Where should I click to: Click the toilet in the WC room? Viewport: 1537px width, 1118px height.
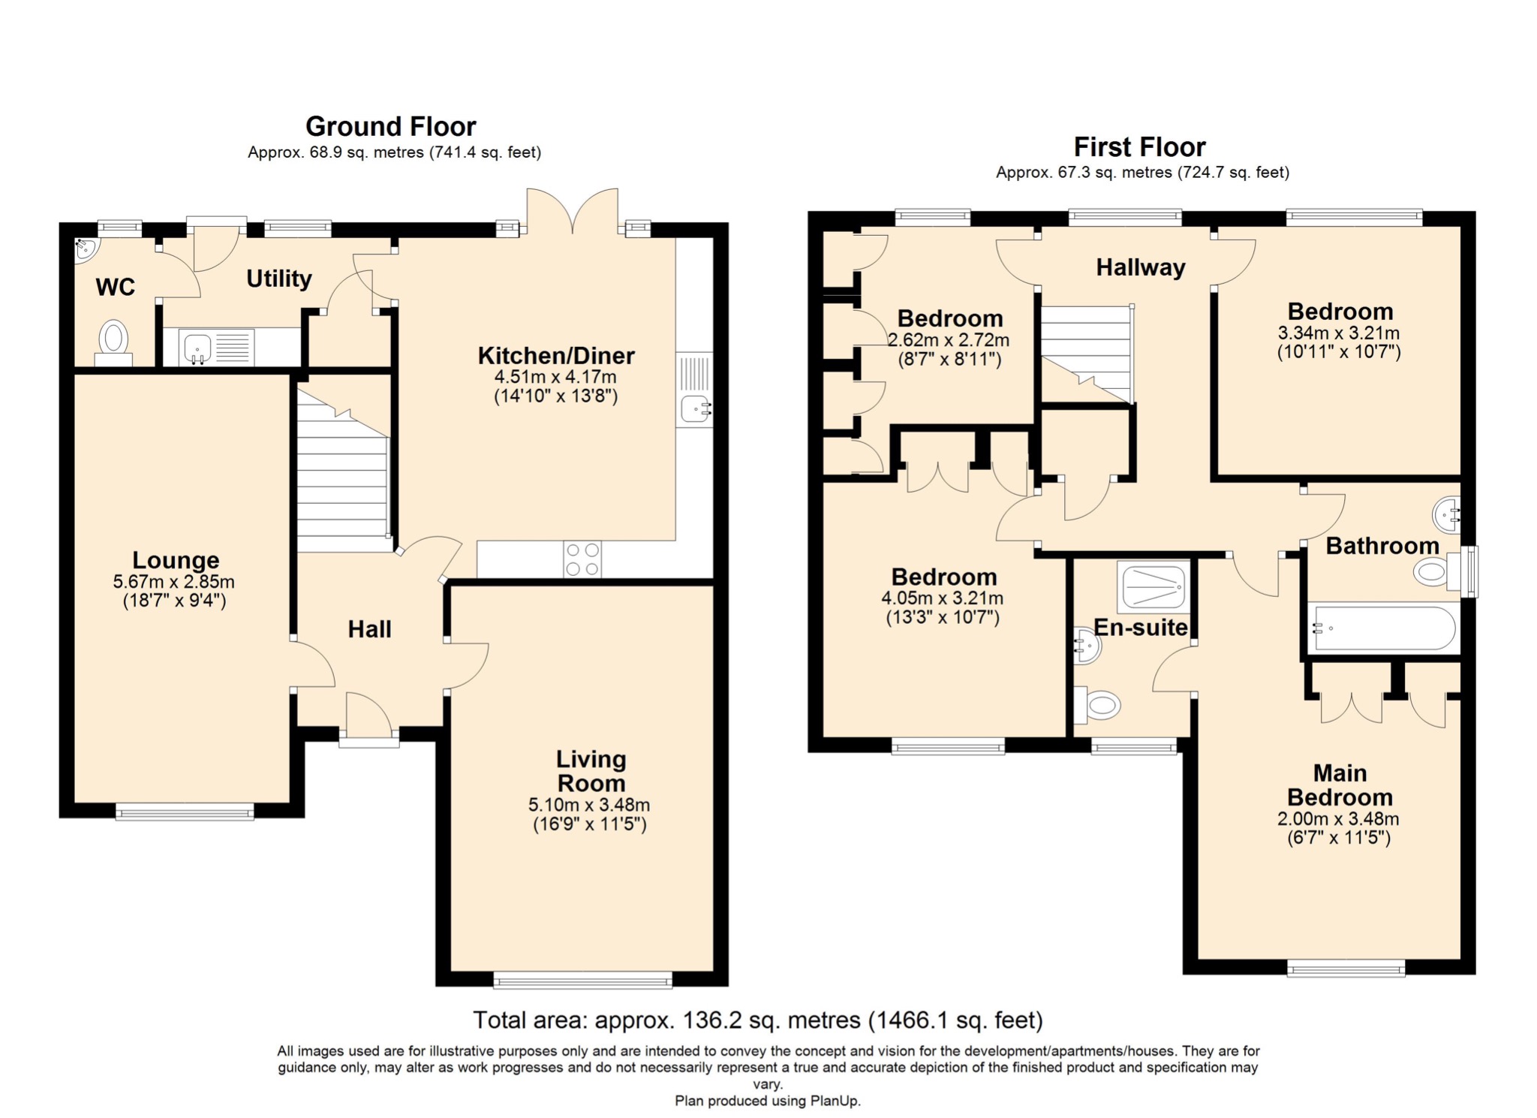click(113, 343)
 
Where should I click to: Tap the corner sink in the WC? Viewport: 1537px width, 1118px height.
click(85, 249)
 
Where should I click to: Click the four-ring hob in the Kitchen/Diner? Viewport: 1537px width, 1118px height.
click(582, 559)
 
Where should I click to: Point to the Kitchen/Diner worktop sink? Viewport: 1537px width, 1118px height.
click(694, 391)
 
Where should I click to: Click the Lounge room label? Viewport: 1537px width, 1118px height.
click(176, 560)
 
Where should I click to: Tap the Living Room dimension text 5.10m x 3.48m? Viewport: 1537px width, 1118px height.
click(589, 805)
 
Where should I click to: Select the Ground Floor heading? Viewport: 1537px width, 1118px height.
click(391, 126)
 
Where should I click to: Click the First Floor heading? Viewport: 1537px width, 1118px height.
click(1140, 146)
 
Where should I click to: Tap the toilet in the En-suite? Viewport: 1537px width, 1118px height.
click(1097, 704)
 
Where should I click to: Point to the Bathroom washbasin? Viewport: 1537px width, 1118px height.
click(1446, 514)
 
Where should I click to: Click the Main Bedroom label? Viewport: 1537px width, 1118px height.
click(1340, 785)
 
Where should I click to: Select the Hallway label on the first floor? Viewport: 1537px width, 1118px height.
click(1141, 267)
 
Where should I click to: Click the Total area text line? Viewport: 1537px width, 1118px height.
click(758, 1020)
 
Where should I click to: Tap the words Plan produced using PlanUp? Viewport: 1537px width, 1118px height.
click(768, 1101)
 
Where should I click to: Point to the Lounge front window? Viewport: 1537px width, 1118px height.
click(185, 811)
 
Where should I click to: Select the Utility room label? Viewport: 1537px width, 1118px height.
click(279, 279)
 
